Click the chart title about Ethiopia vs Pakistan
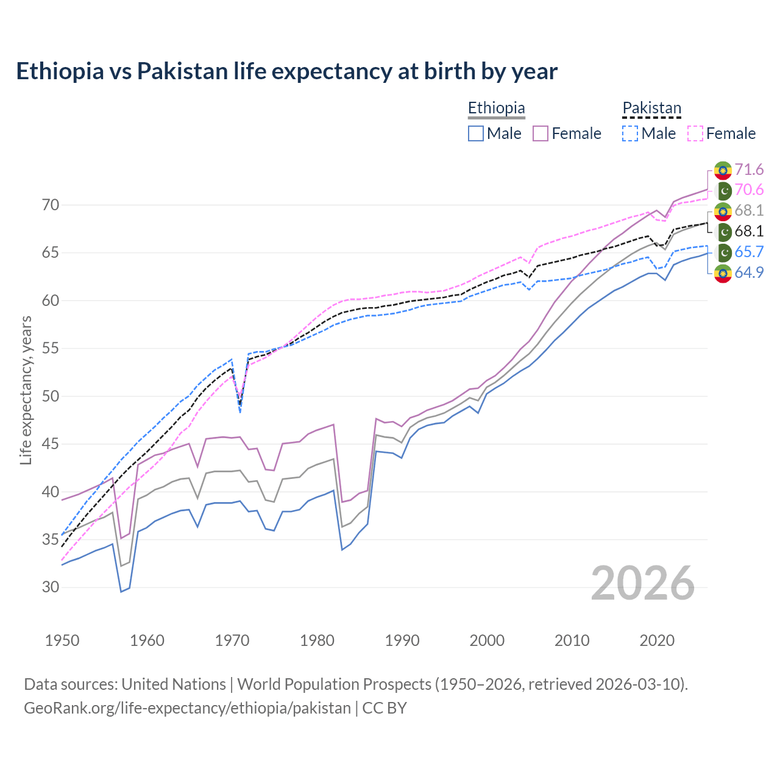pos(286,71)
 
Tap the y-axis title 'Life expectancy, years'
pos(26,390)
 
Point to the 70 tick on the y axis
pos(51,205)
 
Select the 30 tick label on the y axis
pos(51,587)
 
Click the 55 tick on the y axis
pos(51,349)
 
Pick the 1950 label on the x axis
pos(62,640)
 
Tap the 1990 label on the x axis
pos(402,640)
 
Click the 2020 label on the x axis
pos(657,640)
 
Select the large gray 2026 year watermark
pos(642,583)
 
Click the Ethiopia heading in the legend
pos(496,108)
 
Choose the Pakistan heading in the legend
pos(651,108)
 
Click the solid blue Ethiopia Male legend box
pos(476,133)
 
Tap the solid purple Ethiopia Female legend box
pos(541,133)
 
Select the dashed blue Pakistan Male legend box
pos(630,133)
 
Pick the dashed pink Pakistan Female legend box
pos(695,133)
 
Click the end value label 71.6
pos(749,169)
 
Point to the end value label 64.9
pos(749,272)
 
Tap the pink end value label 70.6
pos(749,190)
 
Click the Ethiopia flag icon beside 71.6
pos(723,170)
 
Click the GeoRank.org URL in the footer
pos(187,708)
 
